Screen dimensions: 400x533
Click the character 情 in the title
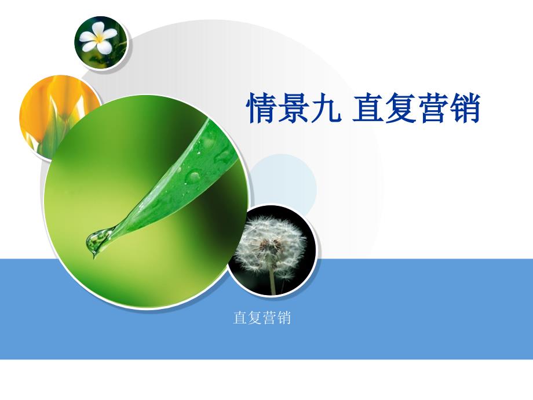point(261,108)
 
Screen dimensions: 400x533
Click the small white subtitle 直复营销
point(262,318)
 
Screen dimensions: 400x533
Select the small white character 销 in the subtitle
point(284,318)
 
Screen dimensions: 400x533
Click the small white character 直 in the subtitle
point(240,318)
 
